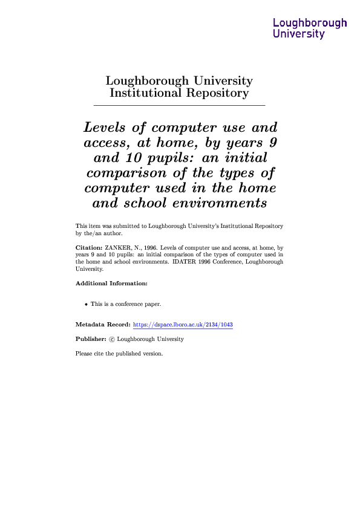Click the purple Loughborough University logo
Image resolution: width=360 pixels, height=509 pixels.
point(310,28)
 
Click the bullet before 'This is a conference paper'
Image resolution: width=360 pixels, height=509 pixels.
point(86,304)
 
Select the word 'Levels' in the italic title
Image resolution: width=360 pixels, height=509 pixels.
point(104,128)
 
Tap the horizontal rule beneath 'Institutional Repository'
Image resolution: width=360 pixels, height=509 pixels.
point(179,106)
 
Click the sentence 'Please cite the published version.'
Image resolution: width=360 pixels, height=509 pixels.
point(119,354)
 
